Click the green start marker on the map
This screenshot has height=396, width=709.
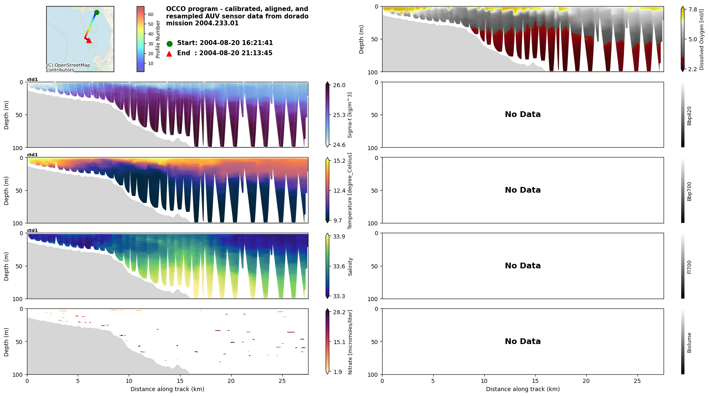(97, 13)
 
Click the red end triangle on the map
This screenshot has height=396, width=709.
(89, 40)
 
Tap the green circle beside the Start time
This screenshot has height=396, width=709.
(169, 43)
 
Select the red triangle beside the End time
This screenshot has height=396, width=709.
(169, 54)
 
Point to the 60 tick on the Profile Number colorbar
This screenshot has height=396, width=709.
(151, 14)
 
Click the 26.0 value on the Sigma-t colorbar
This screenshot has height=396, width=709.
(339, 85)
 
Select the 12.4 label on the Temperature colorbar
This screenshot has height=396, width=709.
(339, 191)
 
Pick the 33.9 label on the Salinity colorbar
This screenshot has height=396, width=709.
(339, 236)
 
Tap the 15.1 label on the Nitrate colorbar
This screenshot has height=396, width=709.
(339, 342)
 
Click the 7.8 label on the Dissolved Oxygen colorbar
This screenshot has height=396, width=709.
(693, 9)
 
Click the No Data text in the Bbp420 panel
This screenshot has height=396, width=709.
(522, 115)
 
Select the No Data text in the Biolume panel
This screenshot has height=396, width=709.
(522, 342)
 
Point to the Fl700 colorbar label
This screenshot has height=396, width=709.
(689, 267)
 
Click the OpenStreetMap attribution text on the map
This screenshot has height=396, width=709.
(68, 67)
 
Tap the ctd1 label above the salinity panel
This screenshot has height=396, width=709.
(32, 230)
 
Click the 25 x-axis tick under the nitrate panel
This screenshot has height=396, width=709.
(282, 381)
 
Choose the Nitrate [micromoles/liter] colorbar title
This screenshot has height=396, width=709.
(350, 342)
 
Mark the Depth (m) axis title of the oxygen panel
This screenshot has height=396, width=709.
(362, 39)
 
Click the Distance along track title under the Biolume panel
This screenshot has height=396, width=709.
(522, 389)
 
